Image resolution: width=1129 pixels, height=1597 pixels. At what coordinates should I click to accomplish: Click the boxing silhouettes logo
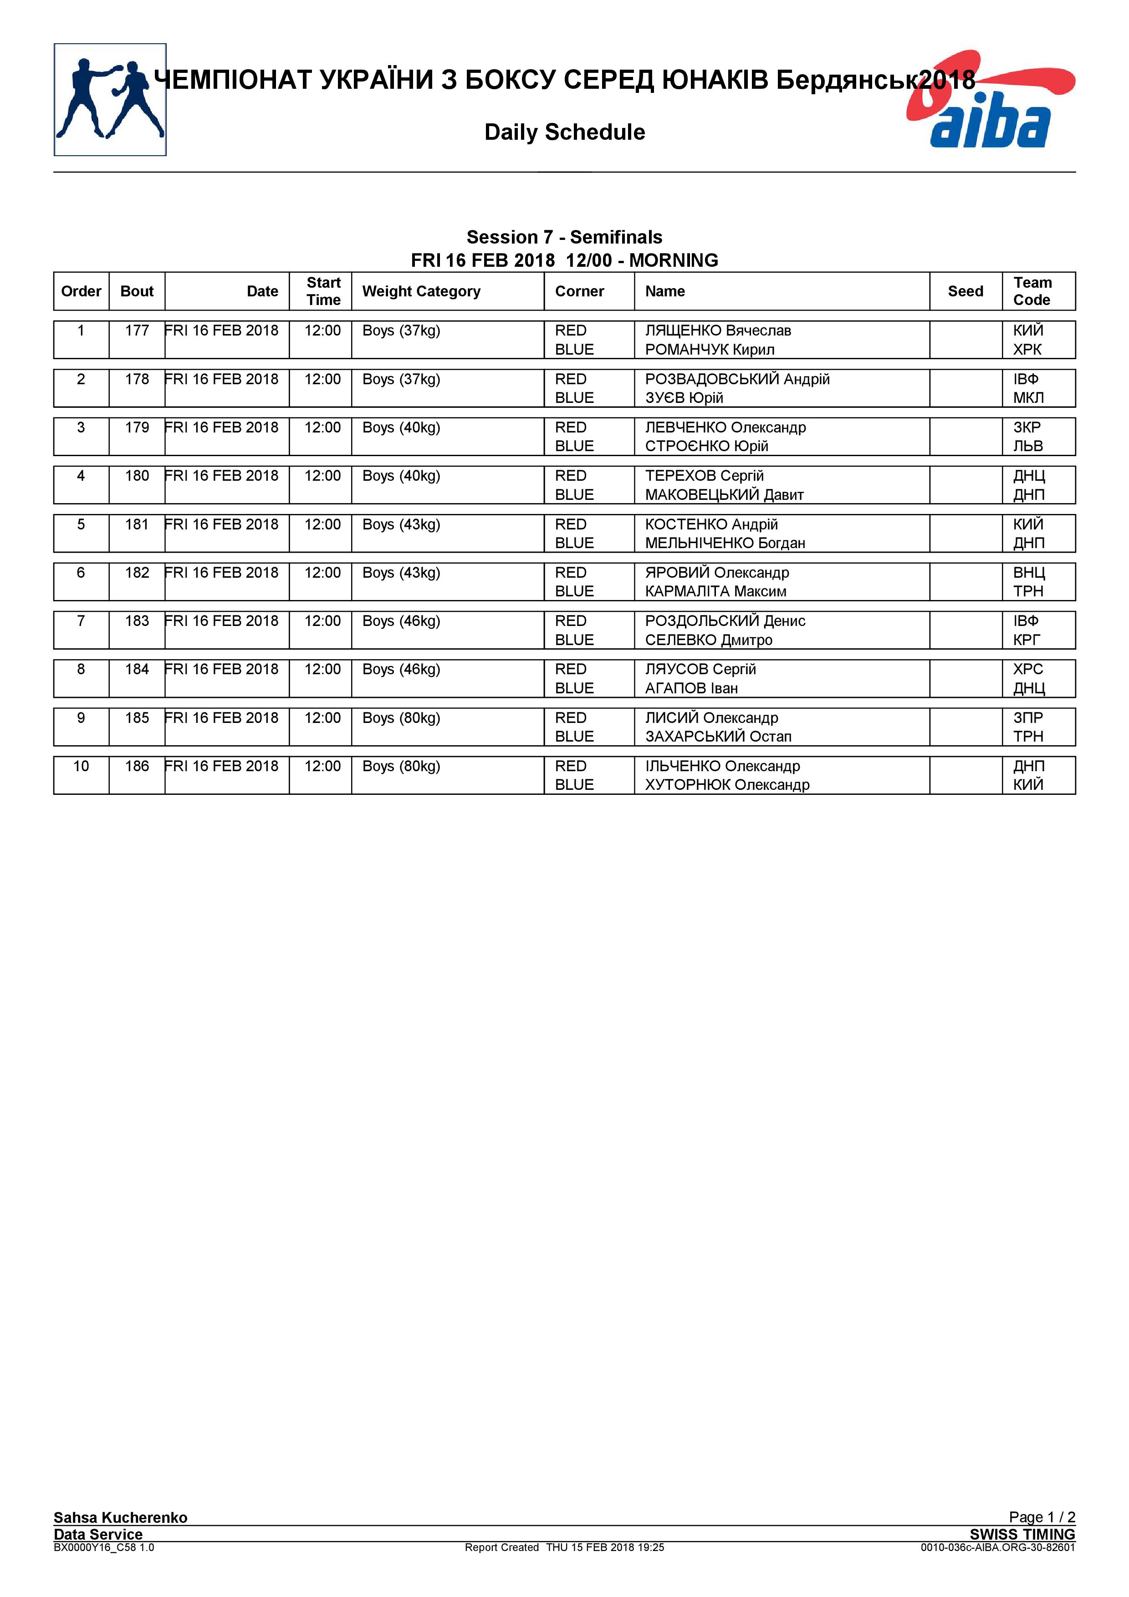pyautogui.click(x=110, y=99)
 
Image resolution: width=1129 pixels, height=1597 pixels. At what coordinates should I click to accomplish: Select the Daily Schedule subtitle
pyautogui.click(x=564, y=132)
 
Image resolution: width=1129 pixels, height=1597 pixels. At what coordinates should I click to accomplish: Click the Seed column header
pyautogui.click(x=965, y=291)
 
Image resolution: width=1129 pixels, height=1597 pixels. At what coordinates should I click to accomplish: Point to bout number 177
pyautogui.click(x=137, y=331)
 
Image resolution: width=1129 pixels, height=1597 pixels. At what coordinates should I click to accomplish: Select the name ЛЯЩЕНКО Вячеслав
pyautogui.click(x=717, y=331)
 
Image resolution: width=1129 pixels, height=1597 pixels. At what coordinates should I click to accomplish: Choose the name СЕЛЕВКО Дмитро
pyautogui.click(x=708, y=640)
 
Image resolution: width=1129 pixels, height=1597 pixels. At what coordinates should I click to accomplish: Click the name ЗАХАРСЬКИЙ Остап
pyautogui.click(x=718, y=737)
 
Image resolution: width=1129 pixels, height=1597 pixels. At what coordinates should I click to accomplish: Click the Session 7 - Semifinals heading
pyautogui.click(x=564, y=237)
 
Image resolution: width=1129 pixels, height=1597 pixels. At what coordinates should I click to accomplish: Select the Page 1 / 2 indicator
pyautogui.click(x=1042, y=1517)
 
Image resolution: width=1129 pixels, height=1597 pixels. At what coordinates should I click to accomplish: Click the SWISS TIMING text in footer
pyautogui.click(x=1022, y=1534)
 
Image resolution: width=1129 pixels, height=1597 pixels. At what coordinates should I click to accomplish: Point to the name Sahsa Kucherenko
pyautogui.click(x=120, y=1518)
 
